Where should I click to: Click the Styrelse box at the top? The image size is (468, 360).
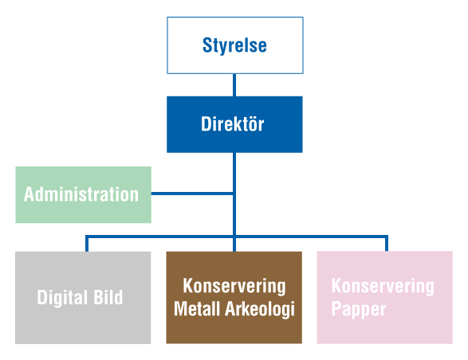(x=235, y=45)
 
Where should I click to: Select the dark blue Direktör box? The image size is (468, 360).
(x=234, y=124)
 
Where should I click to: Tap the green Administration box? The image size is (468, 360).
(x=83, y=195)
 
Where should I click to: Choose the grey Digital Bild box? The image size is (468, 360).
(x=83, y=298)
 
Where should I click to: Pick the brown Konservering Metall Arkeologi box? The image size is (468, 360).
(x=234, y=298)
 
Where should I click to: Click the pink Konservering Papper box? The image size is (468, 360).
(x=385, y=298)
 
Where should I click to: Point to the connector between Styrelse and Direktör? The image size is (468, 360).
(x=234, y=85)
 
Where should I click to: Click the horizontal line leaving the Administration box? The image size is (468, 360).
(x=192, y=194)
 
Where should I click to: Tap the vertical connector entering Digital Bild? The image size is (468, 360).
(x=87, y=244)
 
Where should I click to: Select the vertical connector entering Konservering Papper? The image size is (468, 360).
(x=387, y=244)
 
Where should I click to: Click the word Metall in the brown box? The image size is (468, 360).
(x=198, y=308)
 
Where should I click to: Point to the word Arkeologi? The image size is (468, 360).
(x=260, y=309)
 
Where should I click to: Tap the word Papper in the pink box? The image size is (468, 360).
(x=359, y=310)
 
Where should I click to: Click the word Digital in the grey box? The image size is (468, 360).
(x=63, y=298)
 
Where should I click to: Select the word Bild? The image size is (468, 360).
(x=108, y=297)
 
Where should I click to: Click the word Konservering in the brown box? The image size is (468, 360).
(x=234, y=287)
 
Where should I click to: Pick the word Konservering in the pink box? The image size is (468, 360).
(x=383, y=287)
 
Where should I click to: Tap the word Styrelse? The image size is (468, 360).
(x=234, y=45)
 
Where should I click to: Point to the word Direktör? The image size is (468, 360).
(x=233, y=123)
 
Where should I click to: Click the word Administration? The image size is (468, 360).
(x=81, y=194)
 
